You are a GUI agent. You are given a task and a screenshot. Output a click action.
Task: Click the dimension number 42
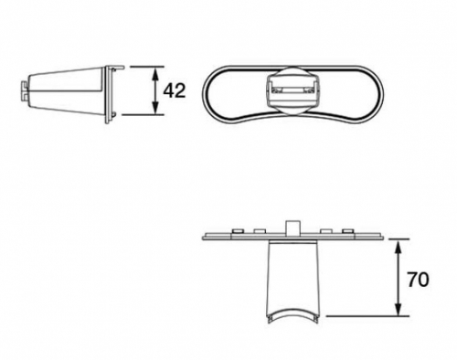click(175, 90)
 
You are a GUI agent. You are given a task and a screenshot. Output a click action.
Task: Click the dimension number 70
click(418, 280)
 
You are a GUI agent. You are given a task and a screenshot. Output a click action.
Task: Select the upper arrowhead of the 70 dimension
click(398, 248)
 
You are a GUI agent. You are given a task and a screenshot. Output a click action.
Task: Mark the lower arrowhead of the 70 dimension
click(398, 308)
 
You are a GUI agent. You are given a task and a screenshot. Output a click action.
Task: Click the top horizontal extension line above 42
click(147, 67)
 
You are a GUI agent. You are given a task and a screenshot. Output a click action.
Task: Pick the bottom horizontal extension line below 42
click(143, 115)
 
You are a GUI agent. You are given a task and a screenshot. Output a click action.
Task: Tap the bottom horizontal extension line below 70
click(367, 316)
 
